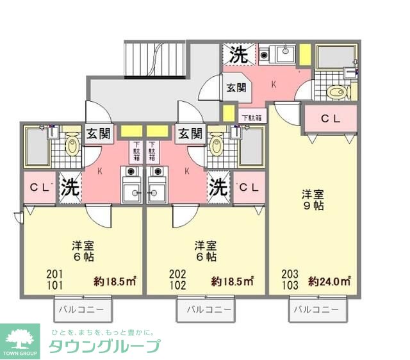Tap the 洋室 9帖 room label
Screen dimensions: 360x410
(x=313, y=199)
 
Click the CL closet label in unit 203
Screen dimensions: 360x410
(x=330, y=119)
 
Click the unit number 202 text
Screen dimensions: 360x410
(x=178, y=274)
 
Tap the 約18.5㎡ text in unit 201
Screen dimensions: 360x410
(x=115, y=281)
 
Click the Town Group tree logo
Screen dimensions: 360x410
(x=22, y=339)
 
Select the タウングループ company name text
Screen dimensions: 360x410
(x=104, y=346)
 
